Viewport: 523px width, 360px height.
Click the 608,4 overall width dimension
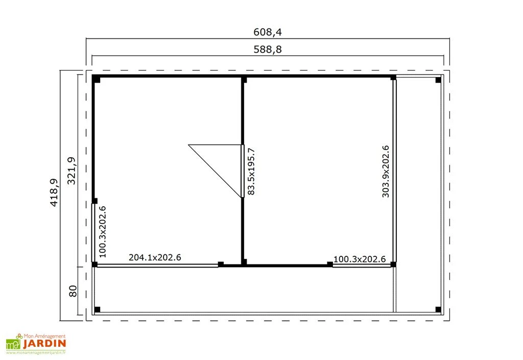point(268,32)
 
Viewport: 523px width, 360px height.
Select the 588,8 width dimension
point(268,50)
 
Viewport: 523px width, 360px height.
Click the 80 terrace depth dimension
point(73,291)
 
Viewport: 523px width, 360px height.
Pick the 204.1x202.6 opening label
point(155,257)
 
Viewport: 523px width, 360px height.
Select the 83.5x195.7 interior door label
point(251,171)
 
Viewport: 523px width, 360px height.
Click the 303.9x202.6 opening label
point(386,171)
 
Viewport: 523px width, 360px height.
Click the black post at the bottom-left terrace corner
point(98,309)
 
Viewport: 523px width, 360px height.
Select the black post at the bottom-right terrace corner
point(438,309)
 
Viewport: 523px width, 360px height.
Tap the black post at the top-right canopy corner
point(438,80)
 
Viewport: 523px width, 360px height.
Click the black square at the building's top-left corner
point(96,79)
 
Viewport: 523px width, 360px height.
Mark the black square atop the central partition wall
point(244,80)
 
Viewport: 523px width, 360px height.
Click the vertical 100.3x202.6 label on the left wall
point(102,230)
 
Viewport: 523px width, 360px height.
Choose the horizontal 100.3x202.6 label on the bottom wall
point(359,259)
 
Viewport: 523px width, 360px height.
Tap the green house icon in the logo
point(12,345)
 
